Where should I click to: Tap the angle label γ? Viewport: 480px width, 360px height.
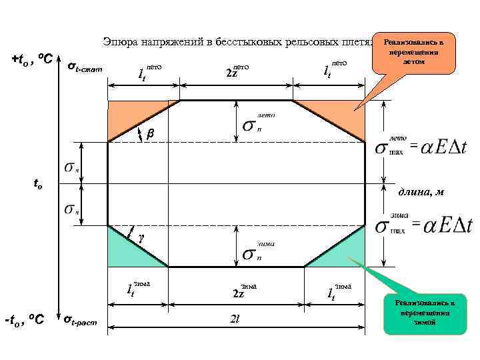point(141,237)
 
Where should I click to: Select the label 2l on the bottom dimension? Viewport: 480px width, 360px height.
point(234,320)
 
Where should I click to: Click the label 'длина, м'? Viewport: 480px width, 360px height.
point(421,193)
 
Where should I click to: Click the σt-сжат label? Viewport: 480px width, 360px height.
point(85,66)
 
